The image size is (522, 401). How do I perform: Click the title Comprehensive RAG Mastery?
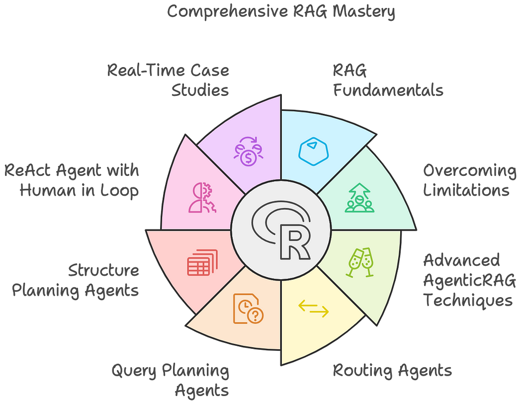click(x=281, y=11)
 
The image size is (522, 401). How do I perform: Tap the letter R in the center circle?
click(x=294, y=242)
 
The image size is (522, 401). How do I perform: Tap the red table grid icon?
click(x=201, y=263)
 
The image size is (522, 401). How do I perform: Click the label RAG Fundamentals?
click(x=388, y=80)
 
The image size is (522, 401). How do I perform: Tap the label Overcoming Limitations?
click(x=470, y=181)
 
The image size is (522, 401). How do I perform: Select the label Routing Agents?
click(x=392, y=370)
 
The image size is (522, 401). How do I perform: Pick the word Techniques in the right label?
click(x=467, y=300)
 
